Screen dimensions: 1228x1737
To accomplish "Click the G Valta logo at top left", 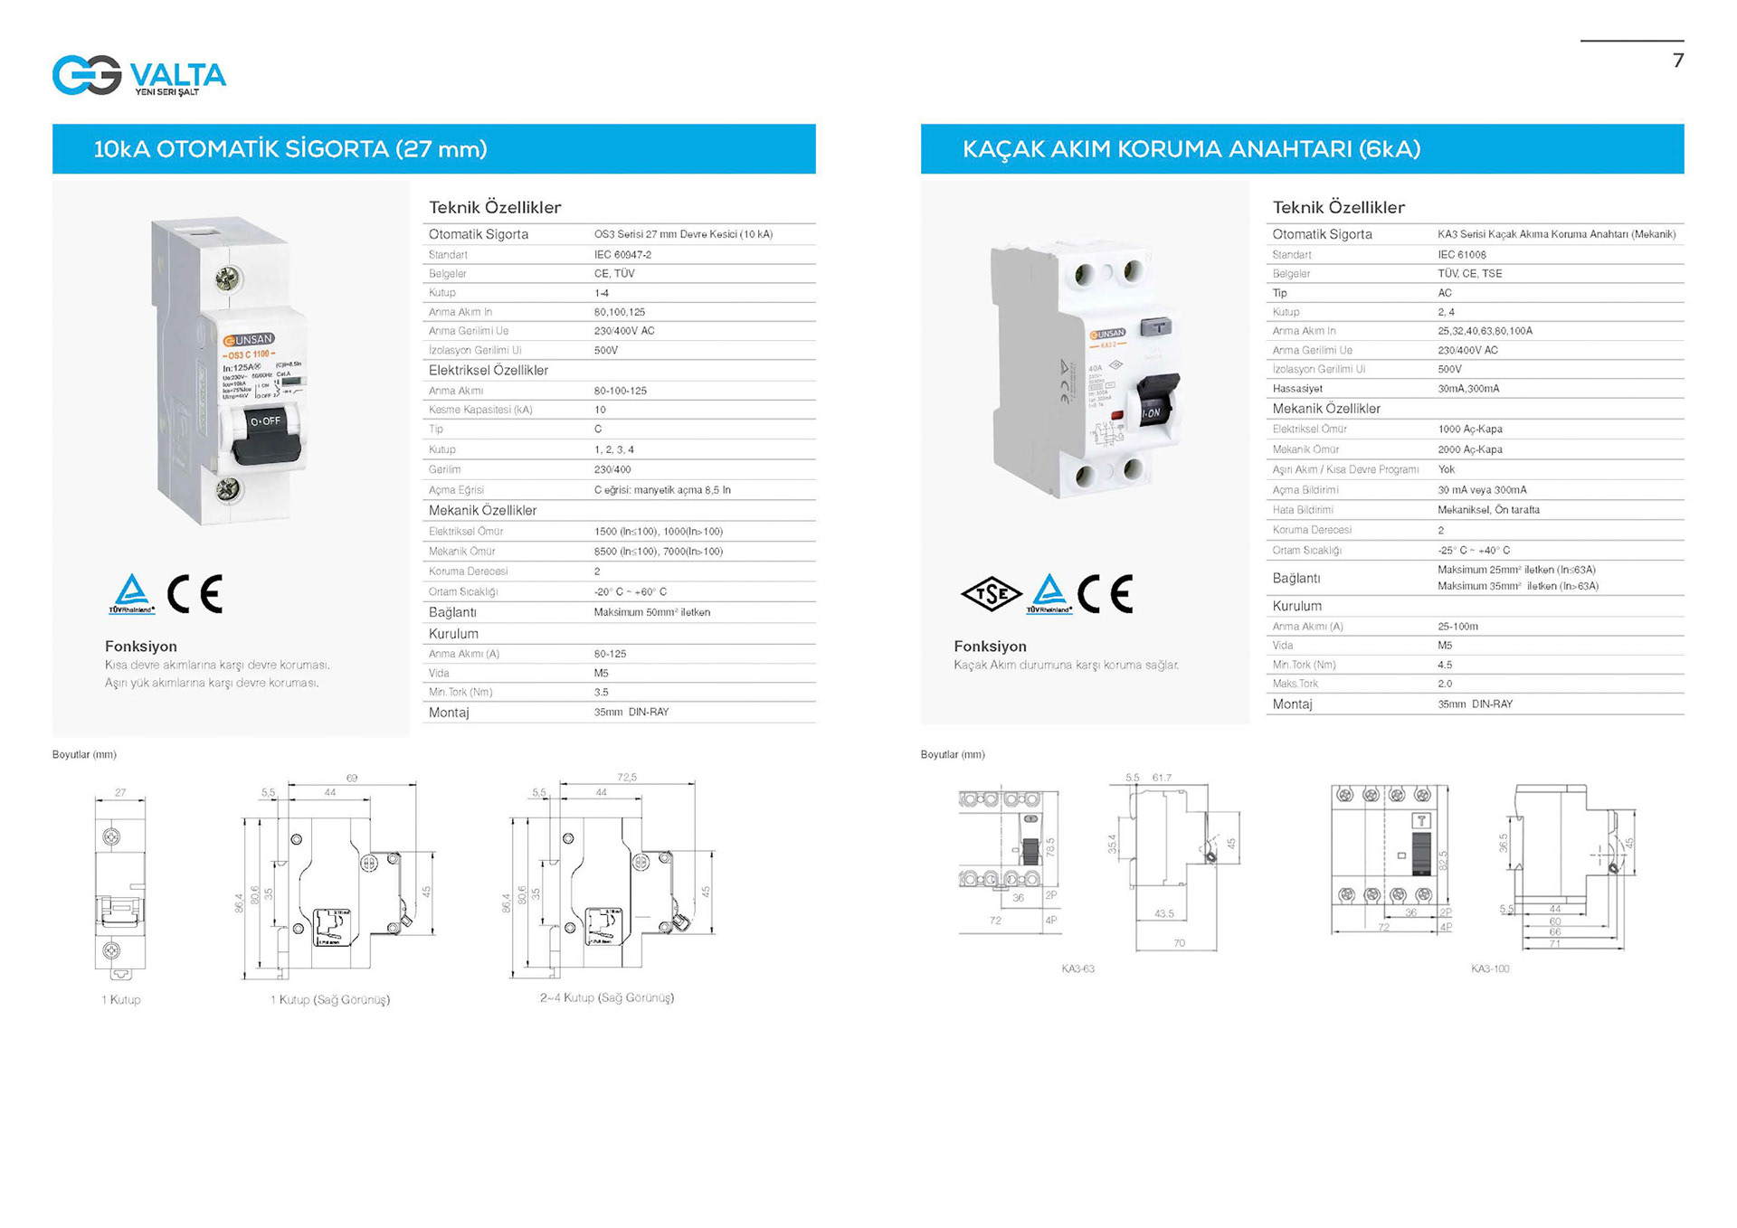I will (138, 75).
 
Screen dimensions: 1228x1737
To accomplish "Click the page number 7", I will (1678, 61).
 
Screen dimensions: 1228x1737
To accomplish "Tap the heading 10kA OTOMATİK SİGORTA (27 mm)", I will (290, 149).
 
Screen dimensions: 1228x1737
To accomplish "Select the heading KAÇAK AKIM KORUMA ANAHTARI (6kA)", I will (1191, 149).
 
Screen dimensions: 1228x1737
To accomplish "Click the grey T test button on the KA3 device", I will (1156, 327).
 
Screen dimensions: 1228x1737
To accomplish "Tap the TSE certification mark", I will (992, 594).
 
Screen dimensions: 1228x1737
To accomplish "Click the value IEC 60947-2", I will (622, 255).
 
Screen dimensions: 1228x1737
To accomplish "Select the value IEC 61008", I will (1462, 255).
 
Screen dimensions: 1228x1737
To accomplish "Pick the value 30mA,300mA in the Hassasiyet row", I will (1468, 389).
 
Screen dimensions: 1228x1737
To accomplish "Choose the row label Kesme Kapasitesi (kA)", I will (480, 410).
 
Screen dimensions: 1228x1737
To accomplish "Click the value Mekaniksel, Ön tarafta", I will (1488, 510).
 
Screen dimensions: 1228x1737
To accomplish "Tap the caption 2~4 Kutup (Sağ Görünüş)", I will (607, 997).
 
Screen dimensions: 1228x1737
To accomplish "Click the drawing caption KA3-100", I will (1490, 968).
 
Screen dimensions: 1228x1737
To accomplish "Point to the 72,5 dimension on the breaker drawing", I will (627, 778).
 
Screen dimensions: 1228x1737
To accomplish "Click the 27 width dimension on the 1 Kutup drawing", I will (120, 793).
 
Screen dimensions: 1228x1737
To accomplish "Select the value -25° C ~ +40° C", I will (1474, 550).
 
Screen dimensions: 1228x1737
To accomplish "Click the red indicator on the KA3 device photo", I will (1117, 415).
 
